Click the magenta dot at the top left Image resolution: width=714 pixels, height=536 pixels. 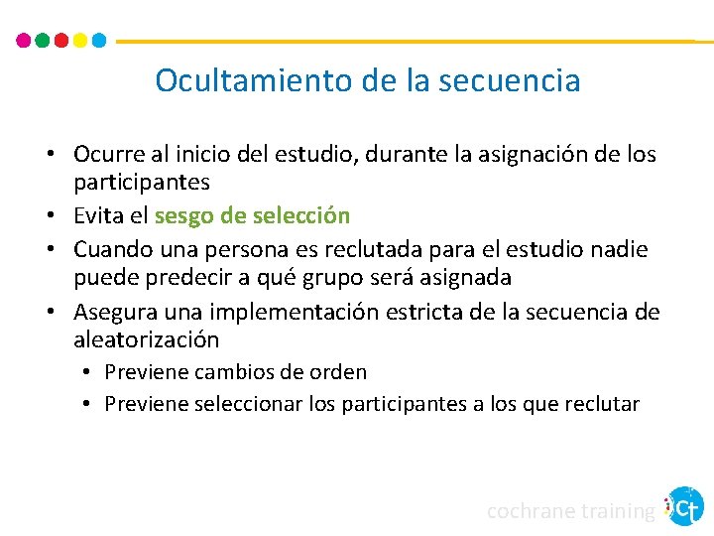tap(25, 41)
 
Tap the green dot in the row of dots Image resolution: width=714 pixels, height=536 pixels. tap(43, 41)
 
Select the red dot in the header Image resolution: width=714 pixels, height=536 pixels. tap(61, 41)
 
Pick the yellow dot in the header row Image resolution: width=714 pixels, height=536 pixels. tap(80, 41)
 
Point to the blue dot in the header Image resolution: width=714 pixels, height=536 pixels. tap(98, 41)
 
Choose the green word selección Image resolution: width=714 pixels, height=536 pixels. tap(300, 215)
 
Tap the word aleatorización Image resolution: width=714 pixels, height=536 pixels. tap(147, 340)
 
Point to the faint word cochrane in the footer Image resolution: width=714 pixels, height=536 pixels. tap(532, 511)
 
